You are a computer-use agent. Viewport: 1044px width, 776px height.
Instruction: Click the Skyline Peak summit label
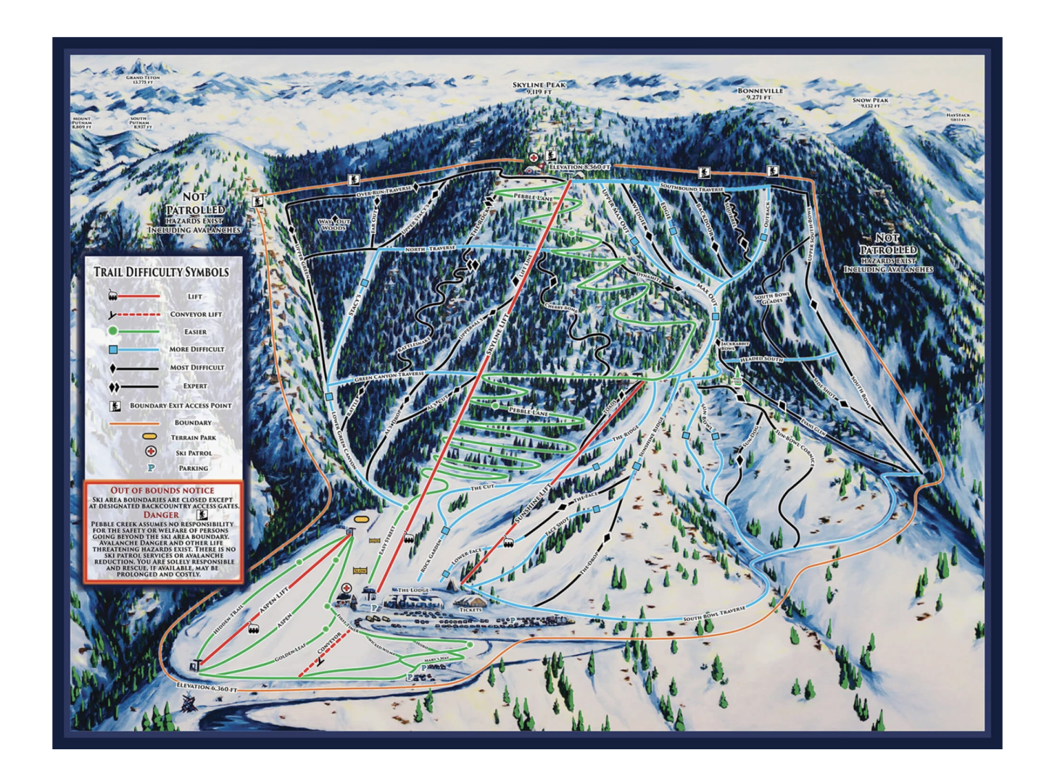point(539,85)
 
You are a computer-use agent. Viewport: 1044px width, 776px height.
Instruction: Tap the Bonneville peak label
point(761,91)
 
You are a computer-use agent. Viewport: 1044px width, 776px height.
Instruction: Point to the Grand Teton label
point(143,78)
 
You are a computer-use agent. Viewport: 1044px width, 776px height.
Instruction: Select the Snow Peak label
point(870,101)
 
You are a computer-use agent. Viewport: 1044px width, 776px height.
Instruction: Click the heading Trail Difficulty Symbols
point(161,272)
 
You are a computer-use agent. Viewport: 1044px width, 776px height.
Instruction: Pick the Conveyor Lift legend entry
point(196,314)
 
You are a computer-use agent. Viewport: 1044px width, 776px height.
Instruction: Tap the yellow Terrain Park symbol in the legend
point(150,438)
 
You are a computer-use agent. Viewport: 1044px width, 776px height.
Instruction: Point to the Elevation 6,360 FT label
point(207,688)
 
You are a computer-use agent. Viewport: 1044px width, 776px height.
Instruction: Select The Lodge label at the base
point(413,591)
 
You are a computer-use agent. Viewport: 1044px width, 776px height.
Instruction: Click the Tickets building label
point(471,610)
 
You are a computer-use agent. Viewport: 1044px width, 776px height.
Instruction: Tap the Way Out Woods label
point(333,225)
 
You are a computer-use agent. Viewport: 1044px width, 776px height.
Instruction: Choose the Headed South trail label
point(761,359)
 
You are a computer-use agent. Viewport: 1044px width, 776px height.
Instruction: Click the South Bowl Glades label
point(772,298)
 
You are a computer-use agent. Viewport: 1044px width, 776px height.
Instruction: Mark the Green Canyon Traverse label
point(389,377)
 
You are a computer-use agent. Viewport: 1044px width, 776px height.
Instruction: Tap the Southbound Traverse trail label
point(692,188)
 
